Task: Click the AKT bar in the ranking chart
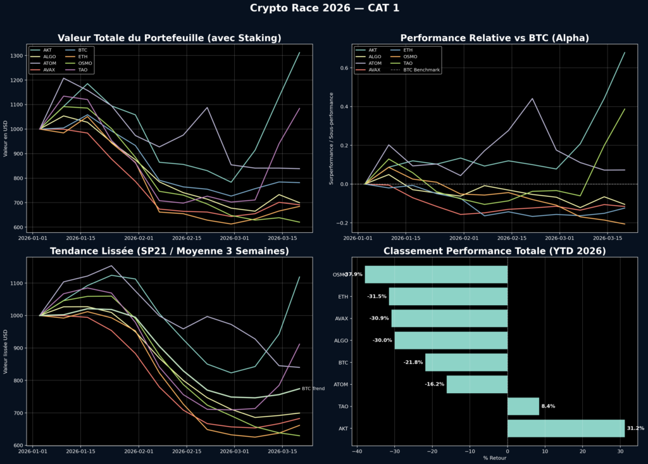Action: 566,429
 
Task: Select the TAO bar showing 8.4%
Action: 523,406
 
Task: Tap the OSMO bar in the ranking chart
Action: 436,275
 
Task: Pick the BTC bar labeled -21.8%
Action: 466,362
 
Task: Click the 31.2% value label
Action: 635,429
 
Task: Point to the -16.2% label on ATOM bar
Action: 434,384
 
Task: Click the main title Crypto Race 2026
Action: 324,8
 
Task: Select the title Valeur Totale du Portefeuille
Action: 169,38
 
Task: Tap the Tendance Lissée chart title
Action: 169,251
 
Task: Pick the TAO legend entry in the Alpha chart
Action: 408,63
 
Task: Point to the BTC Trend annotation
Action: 313,389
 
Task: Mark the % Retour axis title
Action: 494,458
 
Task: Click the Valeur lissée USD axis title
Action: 6,351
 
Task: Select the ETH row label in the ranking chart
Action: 342,296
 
